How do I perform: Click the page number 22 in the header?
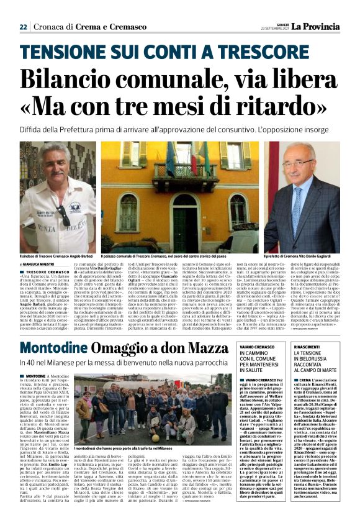(23, 27)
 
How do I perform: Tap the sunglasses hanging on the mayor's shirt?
(65, 215)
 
